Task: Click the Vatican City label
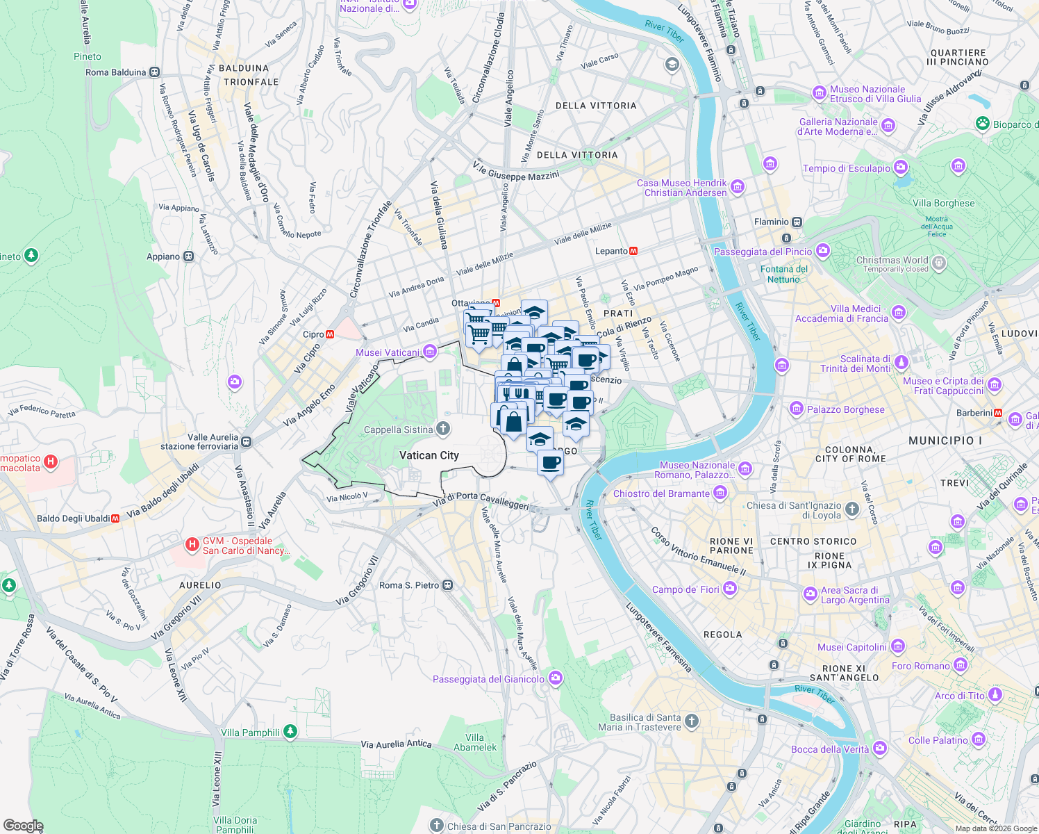pyautogui.click(x=429, y=455)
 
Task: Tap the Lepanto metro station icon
pyautogui.click(x=633, y=251)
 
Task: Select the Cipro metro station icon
pyautogui.click(x=330, y=334)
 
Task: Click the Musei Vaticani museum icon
pyautogui.click(x=430, y=352)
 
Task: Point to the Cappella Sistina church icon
pyautogui.click(x=443, y=430)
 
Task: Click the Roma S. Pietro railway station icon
pyautogui.click(x=448, y=585)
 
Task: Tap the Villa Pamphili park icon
pyautogui.click(x=290, y=732)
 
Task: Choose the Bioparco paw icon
pyautogui.click(x=982, y=124)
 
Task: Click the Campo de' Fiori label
pyautogui.click(x=685, y=589)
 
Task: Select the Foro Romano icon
pyautogui.click(x=961, y=666)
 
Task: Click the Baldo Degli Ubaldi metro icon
pyautogui.click(x=115, y=518)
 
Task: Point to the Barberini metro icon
pyautogui.click(x=998, y=413)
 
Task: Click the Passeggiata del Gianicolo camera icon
pyautogui.click(x=555, y=678)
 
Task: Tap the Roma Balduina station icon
pyautogui.click(x=154, y=72)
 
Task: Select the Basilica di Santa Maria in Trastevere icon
pyautogui.click(x=691, y=721)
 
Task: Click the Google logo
pyautogui.click(x=23, y=826)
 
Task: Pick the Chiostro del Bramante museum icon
pyautogui.click(x=720, y=493)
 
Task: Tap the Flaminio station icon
pyautogui.click(x=797, y=222)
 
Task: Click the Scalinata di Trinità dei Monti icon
pyautogui.click(x=901, y=363)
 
